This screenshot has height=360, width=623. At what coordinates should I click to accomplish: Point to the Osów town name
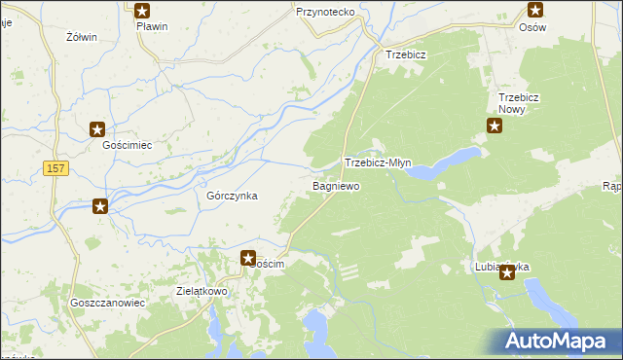point(532,27)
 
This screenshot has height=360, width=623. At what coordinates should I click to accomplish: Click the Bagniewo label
point(336,185)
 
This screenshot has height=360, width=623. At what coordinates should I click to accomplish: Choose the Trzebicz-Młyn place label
point(379,163)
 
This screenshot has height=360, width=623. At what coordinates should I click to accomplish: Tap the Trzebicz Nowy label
point(519,103)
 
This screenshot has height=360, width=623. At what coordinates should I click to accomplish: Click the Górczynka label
point(232,196)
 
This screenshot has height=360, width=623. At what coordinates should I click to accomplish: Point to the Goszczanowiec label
point(107,303)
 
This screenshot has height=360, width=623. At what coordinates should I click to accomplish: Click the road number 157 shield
point(55,169)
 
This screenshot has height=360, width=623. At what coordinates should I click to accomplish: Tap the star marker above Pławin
point(142,11)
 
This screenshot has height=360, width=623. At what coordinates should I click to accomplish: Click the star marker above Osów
point(535,11)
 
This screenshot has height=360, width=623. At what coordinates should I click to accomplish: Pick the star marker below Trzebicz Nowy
point(494,126)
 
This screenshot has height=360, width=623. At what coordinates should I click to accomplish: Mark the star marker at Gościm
point(247,258)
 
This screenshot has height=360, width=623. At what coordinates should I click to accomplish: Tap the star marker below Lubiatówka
point(507,273)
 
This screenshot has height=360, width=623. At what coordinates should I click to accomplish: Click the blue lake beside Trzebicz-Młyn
point(443,163)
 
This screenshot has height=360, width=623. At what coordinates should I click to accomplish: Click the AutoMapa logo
point(556,341)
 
